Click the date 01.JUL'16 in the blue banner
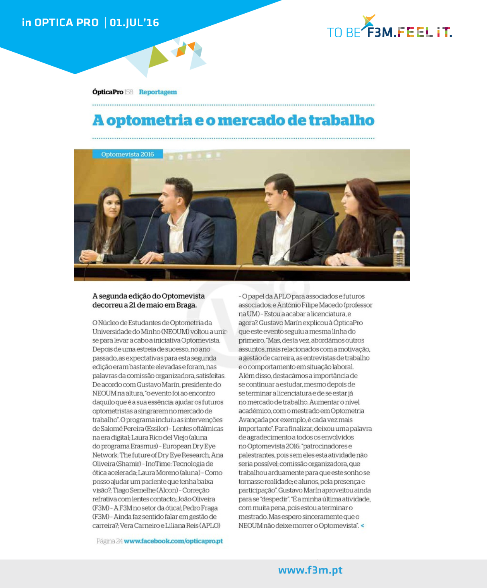click(x=134, y=22)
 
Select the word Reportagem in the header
click(x=158, y=92)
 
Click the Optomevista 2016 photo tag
click(x=127, y=154)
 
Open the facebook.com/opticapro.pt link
click(x=173, y=541)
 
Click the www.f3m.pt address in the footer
click(x=310, y=570)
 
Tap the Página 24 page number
click(x=109, y=541)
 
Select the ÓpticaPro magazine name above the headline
click(x=108, y=92)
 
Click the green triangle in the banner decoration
click(x=157, y=57)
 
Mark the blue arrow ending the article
click(x=363, y=525)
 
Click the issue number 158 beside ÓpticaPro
click(x=128, y=92)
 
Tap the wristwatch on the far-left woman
click(x=99, y=258)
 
